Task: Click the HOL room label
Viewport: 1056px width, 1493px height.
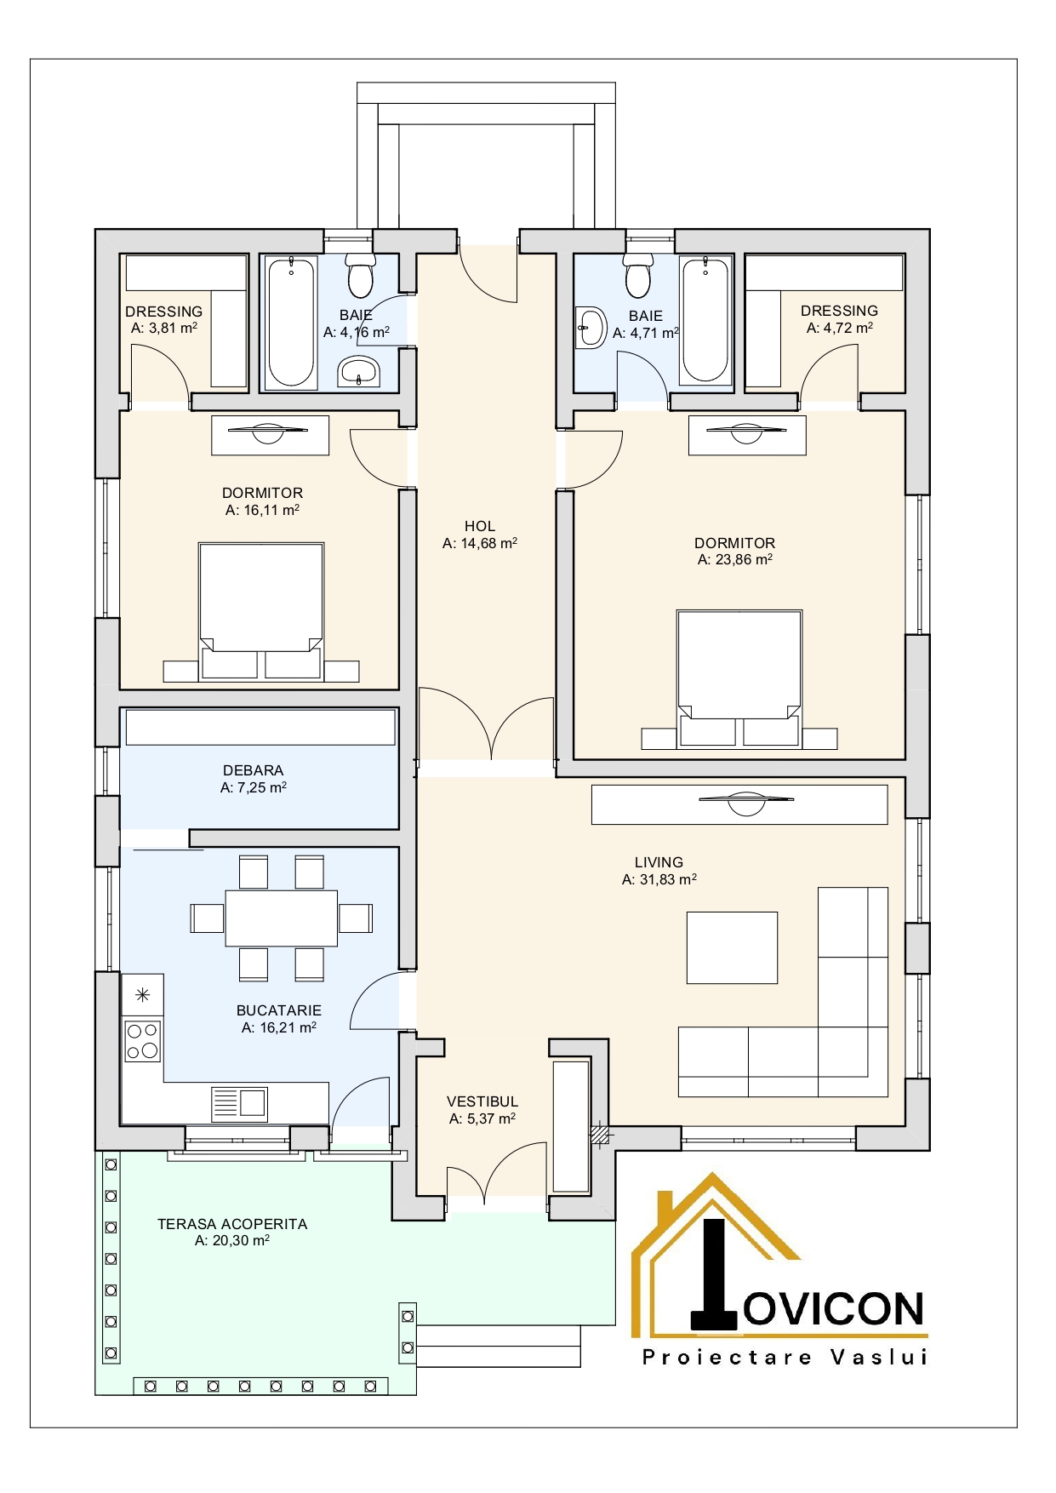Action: (x=480, y=526)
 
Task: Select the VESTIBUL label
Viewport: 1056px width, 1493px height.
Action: (x=482, y=1101)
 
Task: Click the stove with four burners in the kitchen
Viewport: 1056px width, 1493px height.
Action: (x=143, y=1040)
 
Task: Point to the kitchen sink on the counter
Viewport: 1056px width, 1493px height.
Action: (x=240, y=1104)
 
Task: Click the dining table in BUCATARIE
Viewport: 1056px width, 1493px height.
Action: (x=282, y=918)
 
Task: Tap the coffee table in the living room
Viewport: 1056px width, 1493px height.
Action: (x=733, y=948)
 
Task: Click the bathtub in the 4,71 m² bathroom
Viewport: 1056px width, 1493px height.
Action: (x=705, y=319)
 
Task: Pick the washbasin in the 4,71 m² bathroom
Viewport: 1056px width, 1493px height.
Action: (x=591, y=328)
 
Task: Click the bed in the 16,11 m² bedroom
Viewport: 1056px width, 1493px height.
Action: (x=261, y=611)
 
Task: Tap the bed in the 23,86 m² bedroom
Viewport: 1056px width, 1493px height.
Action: (x=739, y=678)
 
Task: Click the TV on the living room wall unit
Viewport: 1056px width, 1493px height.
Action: (x=745, y=801)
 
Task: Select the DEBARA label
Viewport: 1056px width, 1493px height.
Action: (x=253, y=770)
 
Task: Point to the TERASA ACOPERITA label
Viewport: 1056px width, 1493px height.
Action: (x=232, y=1224)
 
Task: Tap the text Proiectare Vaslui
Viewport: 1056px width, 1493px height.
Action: (x=785, y=1357)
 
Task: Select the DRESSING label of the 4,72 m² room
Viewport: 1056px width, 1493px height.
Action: (x=839, y=311)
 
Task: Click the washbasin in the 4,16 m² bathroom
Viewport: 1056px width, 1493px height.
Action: (x=359, y=371)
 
